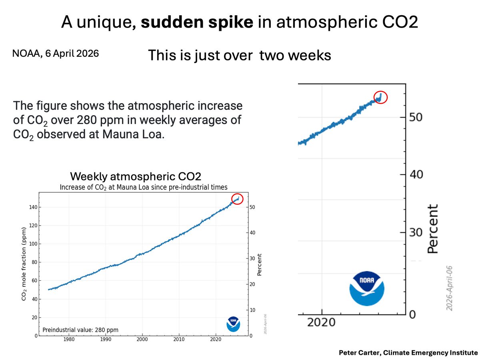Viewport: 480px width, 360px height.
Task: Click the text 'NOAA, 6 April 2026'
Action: pos(56,54)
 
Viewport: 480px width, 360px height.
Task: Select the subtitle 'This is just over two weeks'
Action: pos(239,55)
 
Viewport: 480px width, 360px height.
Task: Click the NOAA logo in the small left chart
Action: pos(233,324)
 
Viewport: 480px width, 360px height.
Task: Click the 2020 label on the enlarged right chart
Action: pos(322,322)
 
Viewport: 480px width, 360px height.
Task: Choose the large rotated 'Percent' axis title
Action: pos(433,228)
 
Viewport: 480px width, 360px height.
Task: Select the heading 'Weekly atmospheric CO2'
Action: pos(136,176)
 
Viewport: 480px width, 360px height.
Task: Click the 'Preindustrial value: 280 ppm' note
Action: pos(80,330)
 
